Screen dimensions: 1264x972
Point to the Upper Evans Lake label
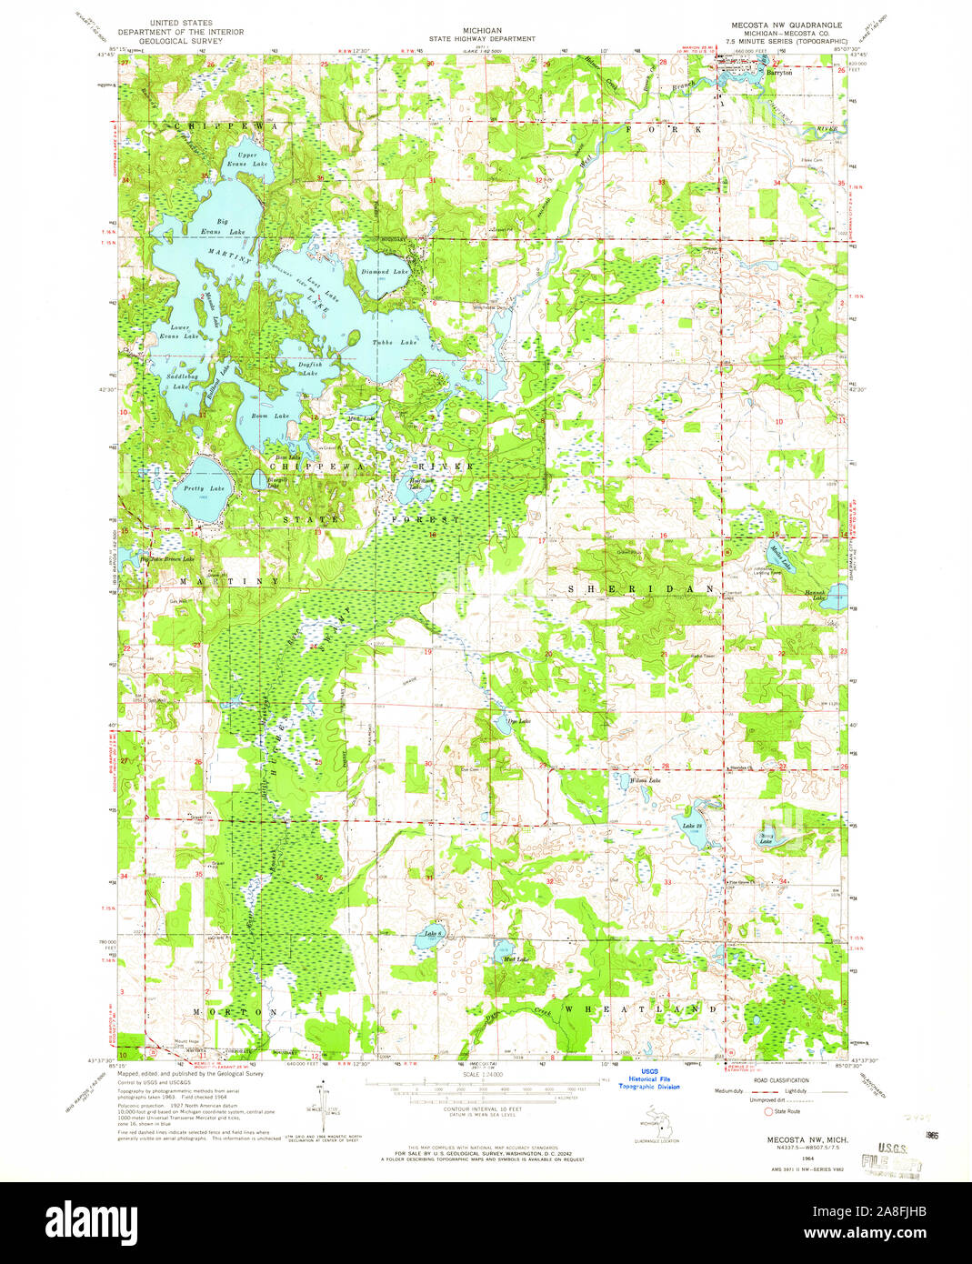[x=246, y=159]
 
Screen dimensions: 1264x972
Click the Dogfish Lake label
[x=309, y=368]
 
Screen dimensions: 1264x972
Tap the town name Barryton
[x=779, y=73]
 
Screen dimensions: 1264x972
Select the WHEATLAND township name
[x=642, y=1009]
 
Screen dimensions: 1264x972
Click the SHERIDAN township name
[x=642, y=589]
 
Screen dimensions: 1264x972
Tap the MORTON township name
[x=235, y=1011]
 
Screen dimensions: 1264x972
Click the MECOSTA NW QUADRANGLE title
[x=780, y=25]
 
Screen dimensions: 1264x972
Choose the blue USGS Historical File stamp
[x=649, y=1080]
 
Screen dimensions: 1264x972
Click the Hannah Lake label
[x=814, y=597]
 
